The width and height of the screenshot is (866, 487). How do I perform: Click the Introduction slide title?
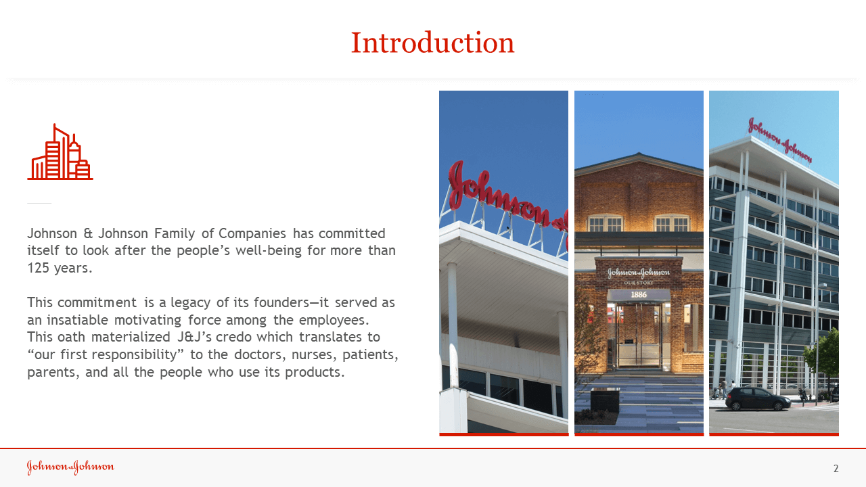point(432,43)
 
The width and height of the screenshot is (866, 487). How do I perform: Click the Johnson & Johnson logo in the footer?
point(70,467)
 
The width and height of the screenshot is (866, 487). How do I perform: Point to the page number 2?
point(836,469)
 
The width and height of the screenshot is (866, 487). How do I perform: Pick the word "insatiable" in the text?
point(75,320)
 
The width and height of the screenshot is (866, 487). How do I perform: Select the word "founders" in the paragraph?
point(282,302)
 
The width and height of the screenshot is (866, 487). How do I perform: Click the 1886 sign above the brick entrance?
point(639,294)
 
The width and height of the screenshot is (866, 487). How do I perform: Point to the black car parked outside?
point(758,398)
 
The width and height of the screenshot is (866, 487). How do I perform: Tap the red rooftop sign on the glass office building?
point(779,141)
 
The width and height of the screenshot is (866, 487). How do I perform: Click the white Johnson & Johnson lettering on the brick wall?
point(639,273)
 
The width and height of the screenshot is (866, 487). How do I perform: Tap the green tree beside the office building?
point(821,358)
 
